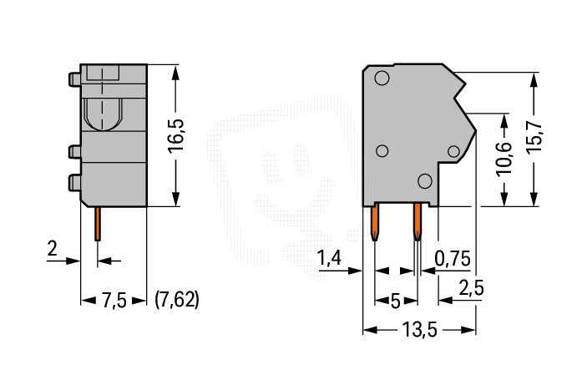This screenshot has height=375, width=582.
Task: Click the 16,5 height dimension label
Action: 175,135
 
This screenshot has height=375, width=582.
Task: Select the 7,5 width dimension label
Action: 114,301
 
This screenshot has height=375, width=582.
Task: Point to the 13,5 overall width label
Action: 420,329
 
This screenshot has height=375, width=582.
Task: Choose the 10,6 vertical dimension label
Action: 505,158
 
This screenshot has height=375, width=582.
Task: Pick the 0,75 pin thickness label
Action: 453,258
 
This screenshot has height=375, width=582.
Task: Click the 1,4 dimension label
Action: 329,258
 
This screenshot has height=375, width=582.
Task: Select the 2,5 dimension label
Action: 472,288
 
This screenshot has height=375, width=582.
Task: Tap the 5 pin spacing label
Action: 396,302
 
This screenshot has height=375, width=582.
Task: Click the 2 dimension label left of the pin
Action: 53,248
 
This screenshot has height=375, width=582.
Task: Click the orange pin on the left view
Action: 98,224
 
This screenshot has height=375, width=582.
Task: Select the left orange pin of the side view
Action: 375,221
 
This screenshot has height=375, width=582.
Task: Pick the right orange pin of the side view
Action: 418,221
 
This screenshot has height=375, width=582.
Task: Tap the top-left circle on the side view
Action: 382,79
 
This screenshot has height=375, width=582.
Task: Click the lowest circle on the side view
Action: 425,181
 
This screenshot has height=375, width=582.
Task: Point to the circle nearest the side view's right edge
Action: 453,151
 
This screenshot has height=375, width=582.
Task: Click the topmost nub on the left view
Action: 74,79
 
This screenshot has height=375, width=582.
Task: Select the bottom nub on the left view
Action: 74,183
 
